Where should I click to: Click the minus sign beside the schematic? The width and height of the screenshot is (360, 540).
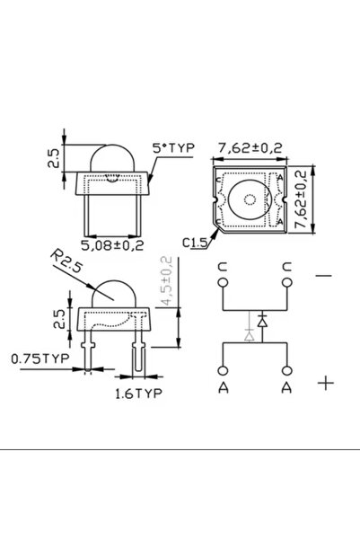point(324,276)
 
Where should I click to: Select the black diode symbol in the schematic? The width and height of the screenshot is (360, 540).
point(261,320)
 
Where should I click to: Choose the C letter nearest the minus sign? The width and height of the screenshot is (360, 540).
point(286,266)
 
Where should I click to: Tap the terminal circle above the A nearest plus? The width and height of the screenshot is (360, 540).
point(286,369)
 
